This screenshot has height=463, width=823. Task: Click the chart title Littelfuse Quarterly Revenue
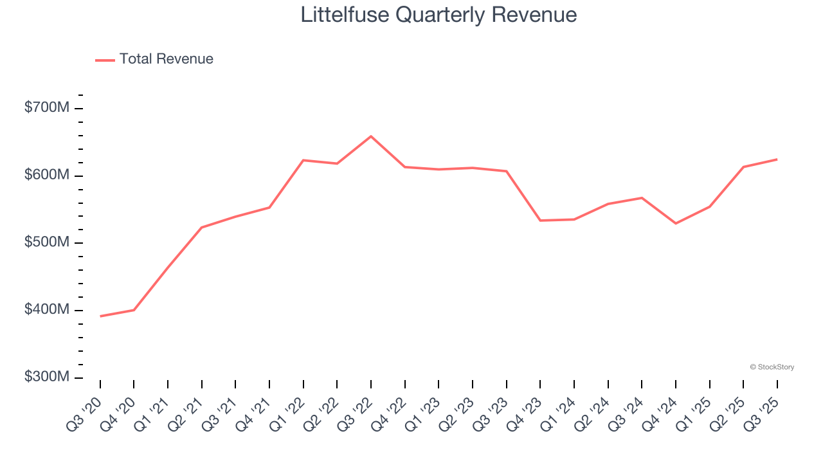click(439, 15)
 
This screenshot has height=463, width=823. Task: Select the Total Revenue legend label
click(166, 59)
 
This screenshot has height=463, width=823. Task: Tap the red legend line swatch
click(105, 60)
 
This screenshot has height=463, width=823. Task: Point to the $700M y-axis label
click(46, 107)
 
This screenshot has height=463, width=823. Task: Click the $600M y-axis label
click(46, 175)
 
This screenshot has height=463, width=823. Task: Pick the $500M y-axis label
click(46, 242)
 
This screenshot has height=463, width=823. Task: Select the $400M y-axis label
click(46, 310)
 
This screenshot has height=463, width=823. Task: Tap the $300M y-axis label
click(46, 377)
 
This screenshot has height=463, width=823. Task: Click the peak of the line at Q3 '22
click(371, 136)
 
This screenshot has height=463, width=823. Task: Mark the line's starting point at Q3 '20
click(100, 316)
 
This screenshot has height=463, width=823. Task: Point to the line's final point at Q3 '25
click(777, 159)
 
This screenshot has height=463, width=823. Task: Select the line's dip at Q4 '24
click(675, 223)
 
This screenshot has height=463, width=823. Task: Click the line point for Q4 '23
click(540, 221)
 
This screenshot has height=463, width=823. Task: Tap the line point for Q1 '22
click(303, 160)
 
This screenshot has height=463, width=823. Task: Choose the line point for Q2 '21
click(202, 228)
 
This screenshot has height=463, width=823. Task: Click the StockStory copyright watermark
click(772, 367)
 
